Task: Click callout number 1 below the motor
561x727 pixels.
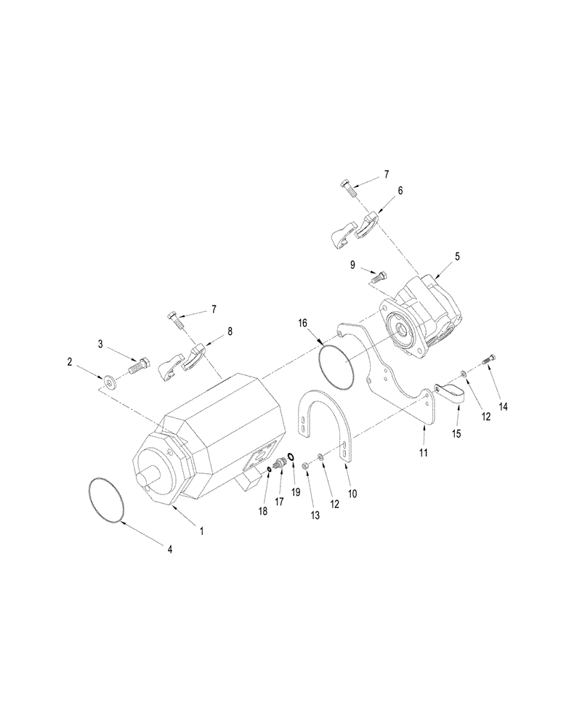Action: click(202, 531)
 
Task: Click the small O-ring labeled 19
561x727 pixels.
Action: click(291, 457)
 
